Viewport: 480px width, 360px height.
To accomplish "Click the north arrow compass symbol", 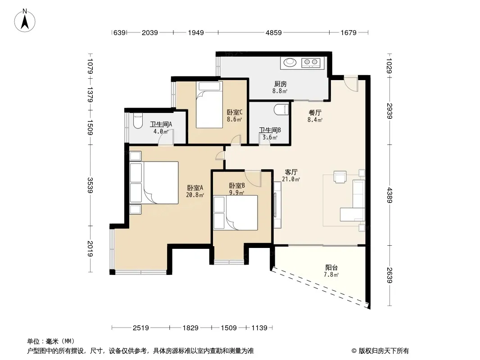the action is (x=25, y=21).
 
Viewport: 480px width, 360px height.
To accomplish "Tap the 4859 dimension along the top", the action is (x=273, y=33).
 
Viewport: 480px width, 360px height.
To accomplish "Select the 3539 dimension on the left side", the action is (x=90, y=185).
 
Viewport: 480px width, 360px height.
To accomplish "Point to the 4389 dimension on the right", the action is (x=389, y=195).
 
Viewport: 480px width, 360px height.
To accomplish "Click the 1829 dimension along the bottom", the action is (x=190, y=328).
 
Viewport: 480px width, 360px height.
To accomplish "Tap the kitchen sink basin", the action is (x=290, y=63).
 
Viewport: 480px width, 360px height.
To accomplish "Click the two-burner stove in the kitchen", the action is (x=311, y=63).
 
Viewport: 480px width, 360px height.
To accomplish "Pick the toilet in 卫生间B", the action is (x=281, y=109).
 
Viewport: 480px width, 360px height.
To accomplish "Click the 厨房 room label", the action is (x=280, y=84).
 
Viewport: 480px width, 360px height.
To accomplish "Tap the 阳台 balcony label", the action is (x=331, y=268).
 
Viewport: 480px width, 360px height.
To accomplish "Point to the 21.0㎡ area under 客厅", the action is (x=291, y=180).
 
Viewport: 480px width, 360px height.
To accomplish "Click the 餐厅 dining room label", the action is (x=315, y=113).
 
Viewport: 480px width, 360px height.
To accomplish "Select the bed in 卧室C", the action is (x=209, y=104).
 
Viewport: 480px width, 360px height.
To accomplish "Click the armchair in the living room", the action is (x=340, y=177).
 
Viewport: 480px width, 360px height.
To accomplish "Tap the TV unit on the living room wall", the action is (x=277, y=205).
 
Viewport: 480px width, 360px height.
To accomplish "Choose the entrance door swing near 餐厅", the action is (x=351, y=83).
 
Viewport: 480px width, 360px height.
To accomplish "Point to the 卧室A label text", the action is (x=195, y=188).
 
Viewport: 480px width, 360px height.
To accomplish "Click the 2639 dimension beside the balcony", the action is (x=389, y=275).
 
